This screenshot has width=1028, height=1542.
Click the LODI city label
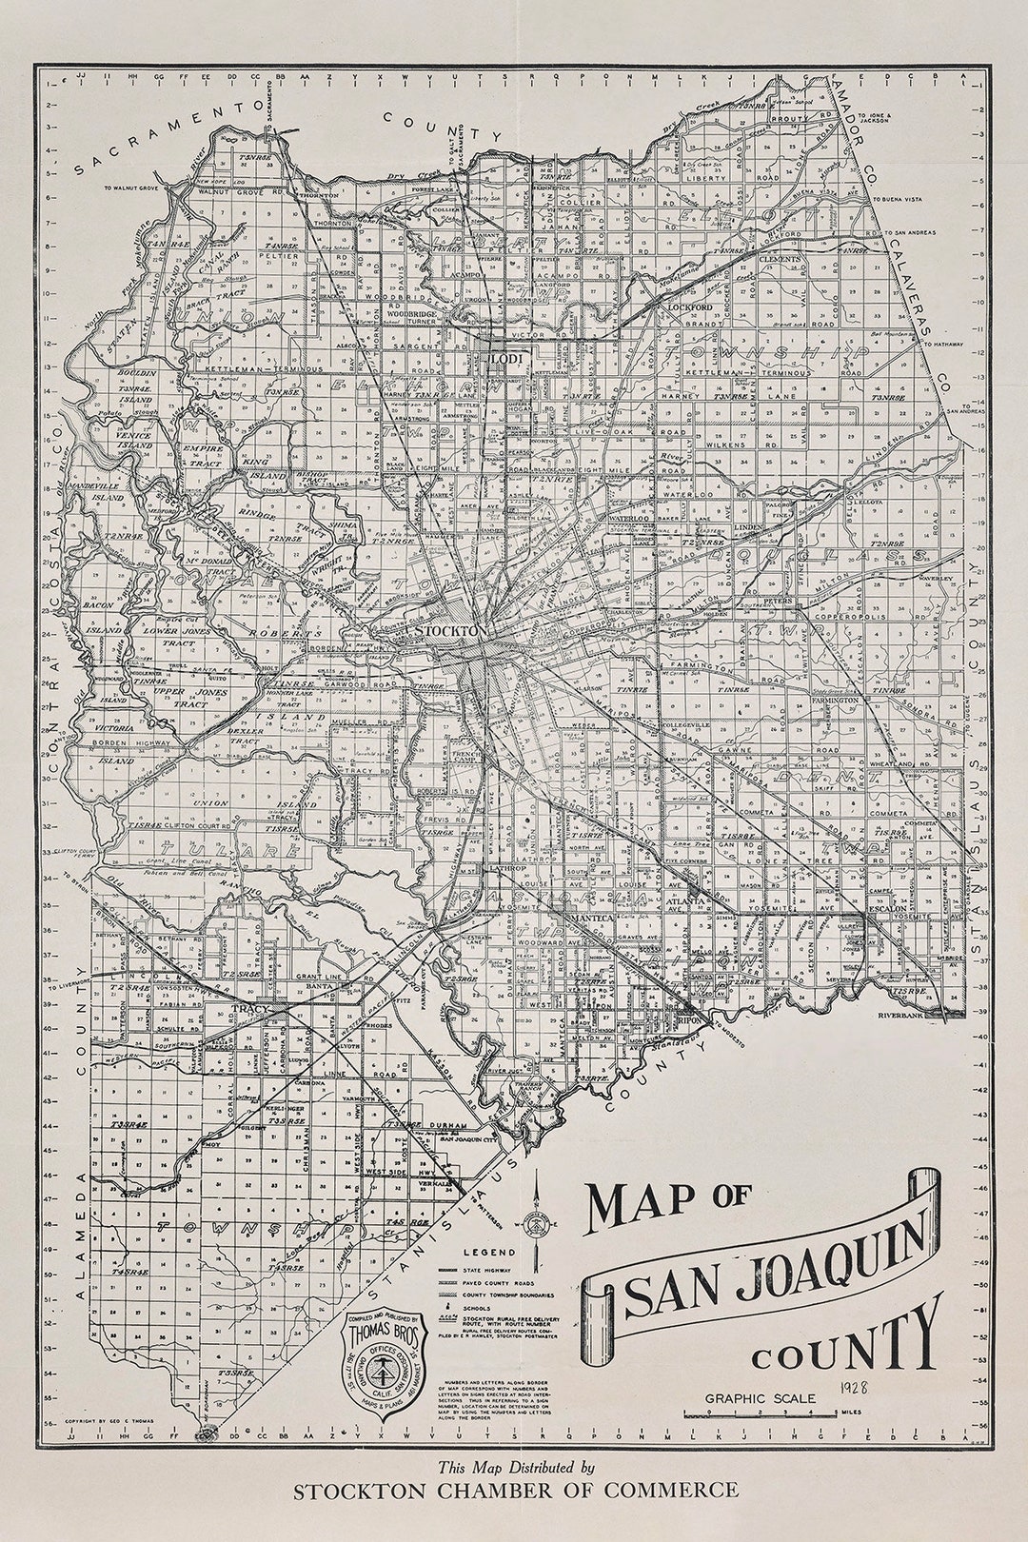(502, 358)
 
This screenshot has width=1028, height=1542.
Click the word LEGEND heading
(489, 1252)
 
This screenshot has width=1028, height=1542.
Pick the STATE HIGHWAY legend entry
(486, 1270)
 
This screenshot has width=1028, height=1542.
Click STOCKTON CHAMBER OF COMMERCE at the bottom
(515, 1491)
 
